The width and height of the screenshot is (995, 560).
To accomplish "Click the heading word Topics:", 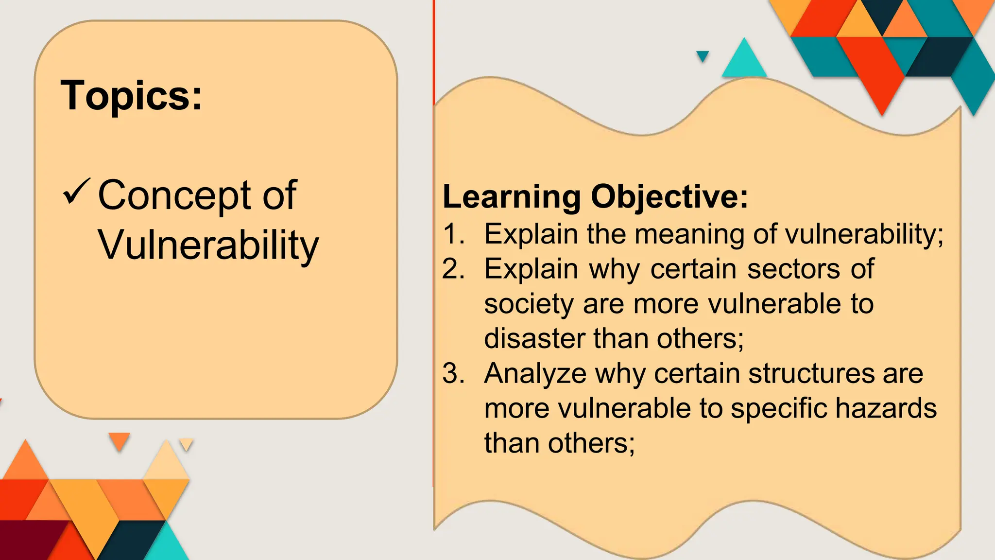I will (131, 96).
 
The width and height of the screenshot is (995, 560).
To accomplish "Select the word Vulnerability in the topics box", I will (208, 245).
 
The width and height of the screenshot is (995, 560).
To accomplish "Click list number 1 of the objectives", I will (453, 234).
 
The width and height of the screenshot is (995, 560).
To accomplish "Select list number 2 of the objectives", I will (453, 269).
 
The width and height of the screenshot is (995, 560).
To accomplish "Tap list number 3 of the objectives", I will (453, 374).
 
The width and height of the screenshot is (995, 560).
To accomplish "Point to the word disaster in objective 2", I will (534, 338).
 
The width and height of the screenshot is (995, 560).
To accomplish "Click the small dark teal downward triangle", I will (703, 55).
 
